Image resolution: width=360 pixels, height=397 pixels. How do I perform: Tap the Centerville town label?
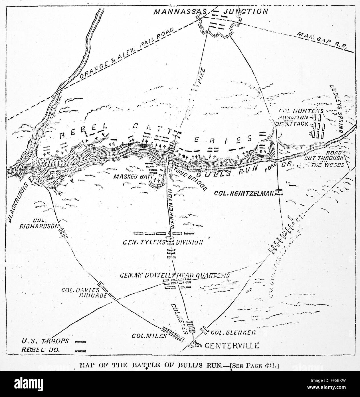click(230, 345)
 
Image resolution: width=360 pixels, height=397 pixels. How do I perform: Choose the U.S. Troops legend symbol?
click(81, 342)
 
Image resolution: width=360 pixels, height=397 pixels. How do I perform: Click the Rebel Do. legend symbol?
click(81, 351)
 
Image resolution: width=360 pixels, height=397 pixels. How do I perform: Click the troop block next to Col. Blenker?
click(205, 330)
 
